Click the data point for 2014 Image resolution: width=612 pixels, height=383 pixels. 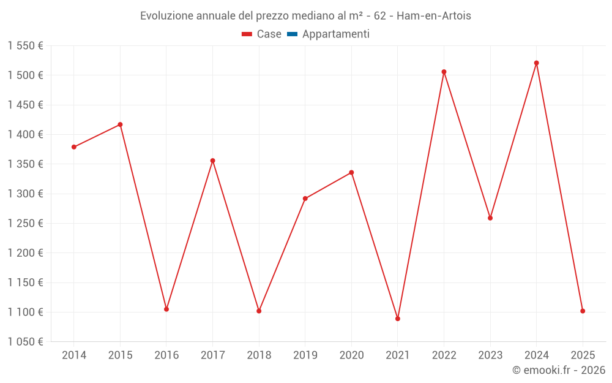(74, 147)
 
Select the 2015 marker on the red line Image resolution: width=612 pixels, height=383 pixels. (120, 124)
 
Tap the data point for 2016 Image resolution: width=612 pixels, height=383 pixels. (166, 309)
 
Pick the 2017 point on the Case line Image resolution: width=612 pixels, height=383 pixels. (212, 161)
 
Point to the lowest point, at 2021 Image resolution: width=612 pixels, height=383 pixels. (398, 319)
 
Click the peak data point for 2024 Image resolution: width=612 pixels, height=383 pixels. (536, 63)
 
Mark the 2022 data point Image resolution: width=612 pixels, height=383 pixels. (444, 72)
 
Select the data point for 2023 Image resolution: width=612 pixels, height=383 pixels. (490, 218)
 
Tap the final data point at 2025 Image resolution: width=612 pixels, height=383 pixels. (583, 311)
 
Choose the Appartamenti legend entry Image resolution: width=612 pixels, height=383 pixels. (335, 34)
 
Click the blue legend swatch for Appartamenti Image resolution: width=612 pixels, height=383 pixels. (292, 34)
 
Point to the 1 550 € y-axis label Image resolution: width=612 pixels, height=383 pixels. (26, 46)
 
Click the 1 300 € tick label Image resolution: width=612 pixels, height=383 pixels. (26, 194)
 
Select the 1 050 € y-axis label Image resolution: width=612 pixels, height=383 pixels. (26, 342)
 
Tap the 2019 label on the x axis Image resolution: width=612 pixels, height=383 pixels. (305, 355)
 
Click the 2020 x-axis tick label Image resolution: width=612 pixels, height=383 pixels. (351, 355)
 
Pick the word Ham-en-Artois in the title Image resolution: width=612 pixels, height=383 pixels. (434, 15)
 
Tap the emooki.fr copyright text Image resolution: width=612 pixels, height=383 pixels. (559, 370)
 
